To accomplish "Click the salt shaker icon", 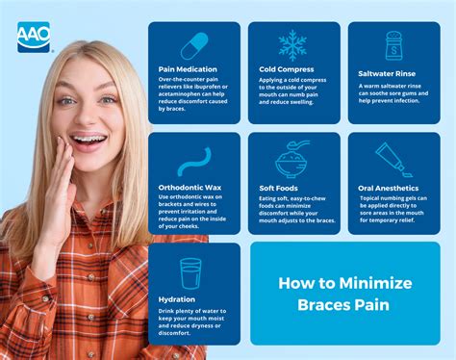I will coord(393,44).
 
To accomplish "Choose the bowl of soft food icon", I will coord(294,158).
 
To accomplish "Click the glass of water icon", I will coord(190,273).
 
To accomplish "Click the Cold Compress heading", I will coord(286,69).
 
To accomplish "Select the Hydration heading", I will coord(176,299).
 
